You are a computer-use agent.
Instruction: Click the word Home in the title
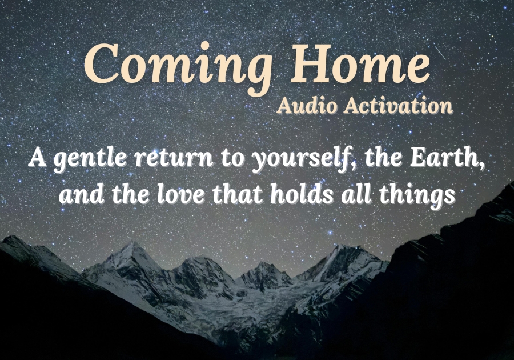click(x=360, y=63)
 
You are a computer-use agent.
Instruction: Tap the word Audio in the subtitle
click(x=307, y=106)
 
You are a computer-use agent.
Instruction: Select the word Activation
click(x=398, y=106)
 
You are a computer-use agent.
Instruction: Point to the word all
click(x=356, y=193)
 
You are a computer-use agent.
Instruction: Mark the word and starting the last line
click(x=81, y=193)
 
